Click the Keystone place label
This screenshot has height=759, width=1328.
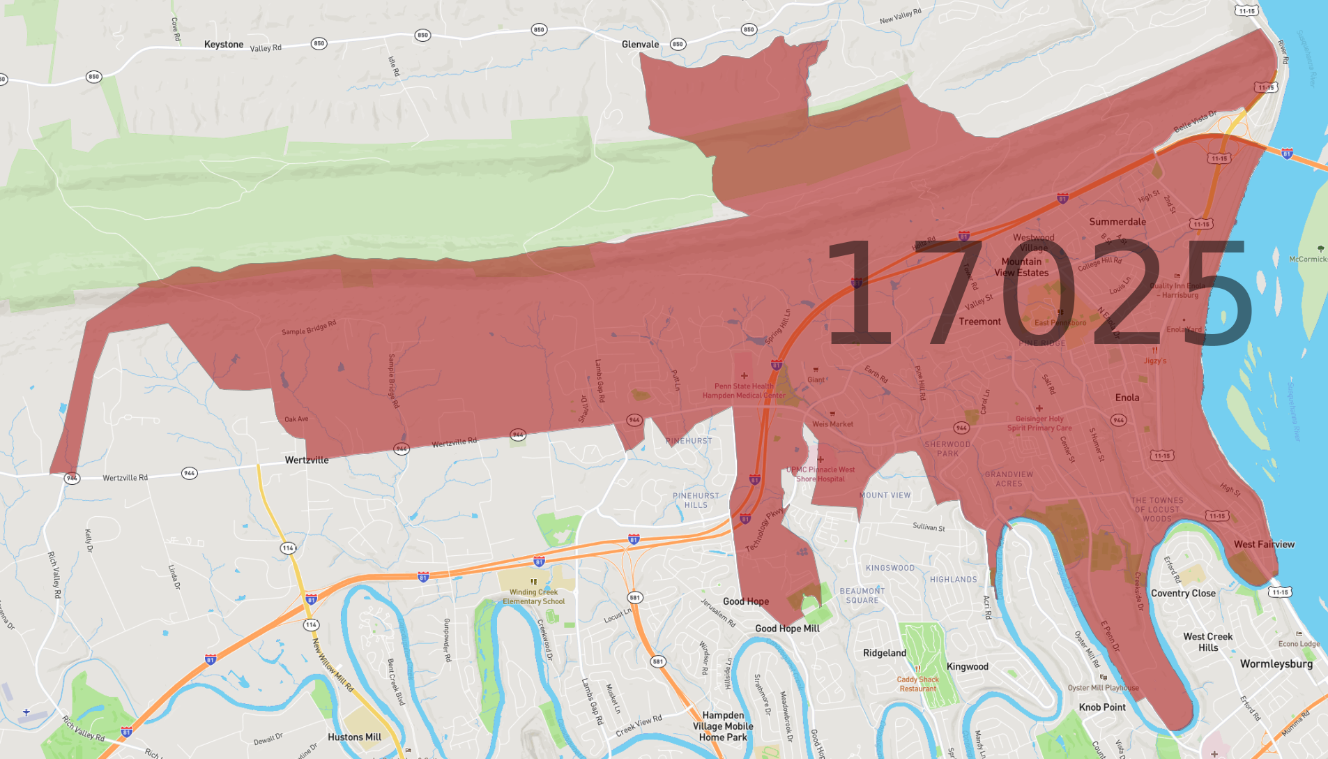point(224,45)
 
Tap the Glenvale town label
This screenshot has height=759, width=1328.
point(640,45)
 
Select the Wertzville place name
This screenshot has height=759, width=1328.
point(307,460)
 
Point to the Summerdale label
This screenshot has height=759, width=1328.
point(1117,222)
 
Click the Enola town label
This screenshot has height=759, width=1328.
point(1127,398)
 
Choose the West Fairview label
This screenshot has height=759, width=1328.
point(1264,545)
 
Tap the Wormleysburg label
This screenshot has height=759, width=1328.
point(1276,664)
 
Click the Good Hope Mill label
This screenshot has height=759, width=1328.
point(787,629)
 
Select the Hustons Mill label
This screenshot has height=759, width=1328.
point(354,737)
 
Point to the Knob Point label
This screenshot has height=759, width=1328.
point(1102,707)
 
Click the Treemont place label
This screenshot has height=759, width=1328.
point(979,322)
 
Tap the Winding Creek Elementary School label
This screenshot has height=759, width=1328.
point(533,596)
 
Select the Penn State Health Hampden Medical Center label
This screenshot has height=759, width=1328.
point(743,391)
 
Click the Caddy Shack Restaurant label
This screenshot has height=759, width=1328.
point(917,684)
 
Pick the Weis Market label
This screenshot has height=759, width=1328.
point(832,424)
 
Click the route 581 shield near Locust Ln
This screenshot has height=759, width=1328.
point(634,598)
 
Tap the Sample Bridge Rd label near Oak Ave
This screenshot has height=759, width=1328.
point(393,381)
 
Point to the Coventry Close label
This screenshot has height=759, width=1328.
point(1183,594)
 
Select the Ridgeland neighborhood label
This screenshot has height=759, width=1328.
point(885,654)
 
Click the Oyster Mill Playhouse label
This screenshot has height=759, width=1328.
point(1103,688)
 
